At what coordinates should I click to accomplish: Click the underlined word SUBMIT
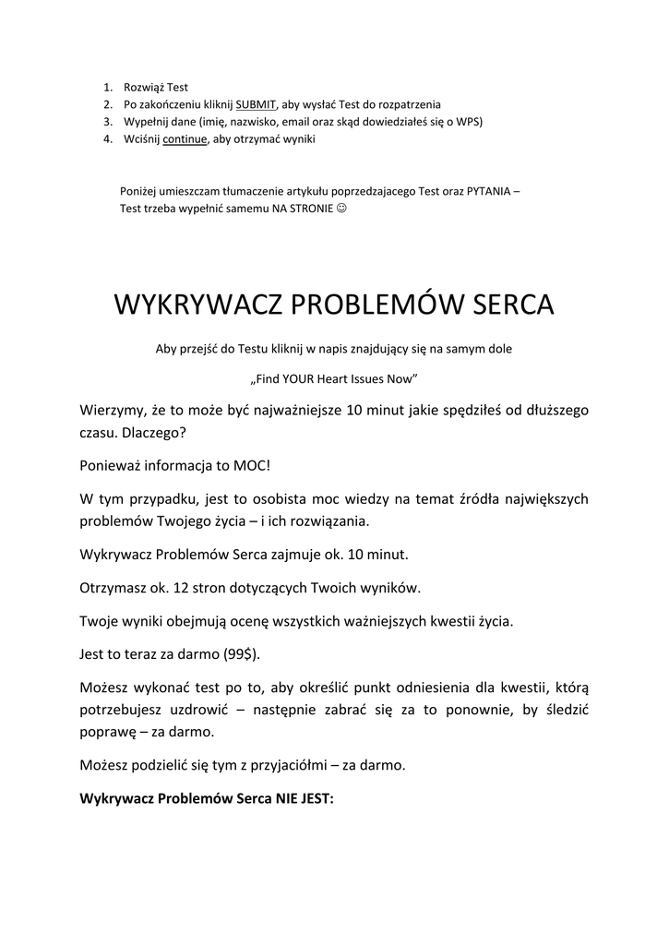[256, 104]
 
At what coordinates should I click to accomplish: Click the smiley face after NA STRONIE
[341, 208]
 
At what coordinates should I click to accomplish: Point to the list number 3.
[107, 122]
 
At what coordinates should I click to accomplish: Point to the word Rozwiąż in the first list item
[144, 88]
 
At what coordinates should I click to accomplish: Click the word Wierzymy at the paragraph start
[116, 409]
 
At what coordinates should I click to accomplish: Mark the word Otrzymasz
[116, 588]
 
